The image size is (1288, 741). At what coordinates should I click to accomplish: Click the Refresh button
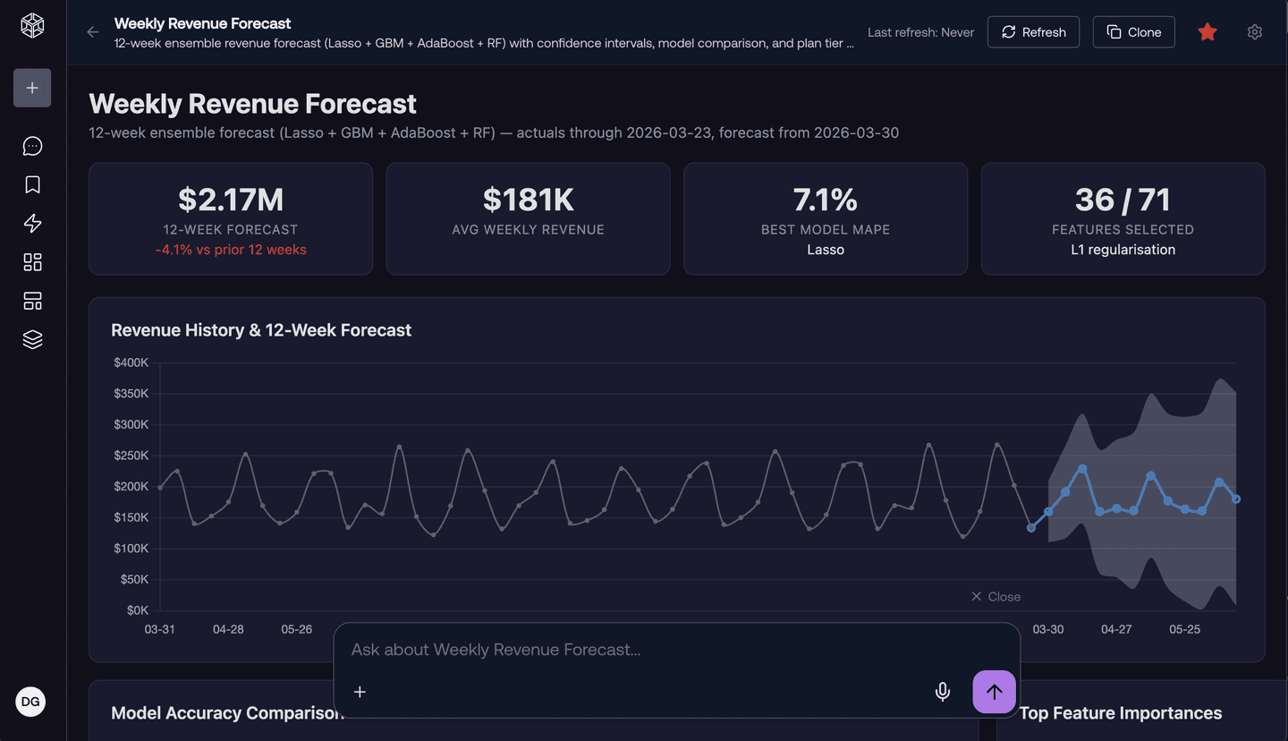[1033, 32]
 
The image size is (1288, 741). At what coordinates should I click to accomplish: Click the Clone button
[1133, 32]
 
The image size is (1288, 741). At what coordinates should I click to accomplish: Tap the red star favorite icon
[1207, 32]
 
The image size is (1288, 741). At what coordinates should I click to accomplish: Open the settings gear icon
[1255, 32]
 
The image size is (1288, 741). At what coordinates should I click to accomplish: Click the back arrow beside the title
[93, 32]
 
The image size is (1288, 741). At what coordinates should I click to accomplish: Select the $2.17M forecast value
[231, 199]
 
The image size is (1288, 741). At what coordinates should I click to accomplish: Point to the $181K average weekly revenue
[528, 199]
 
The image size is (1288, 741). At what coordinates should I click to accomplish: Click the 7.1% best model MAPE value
[825, 199]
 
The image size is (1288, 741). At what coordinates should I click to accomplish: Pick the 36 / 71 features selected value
[1123, 199]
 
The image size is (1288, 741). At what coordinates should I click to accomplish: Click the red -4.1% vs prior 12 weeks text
[231, 250]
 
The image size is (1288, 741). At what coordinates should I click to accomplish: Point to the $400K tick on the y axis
[131, 362]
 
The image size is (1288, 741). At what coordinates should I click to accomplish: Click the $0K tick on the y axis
[138, 610]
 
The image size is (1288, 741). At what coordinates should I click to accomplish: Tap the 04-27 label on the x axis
[1116, 629]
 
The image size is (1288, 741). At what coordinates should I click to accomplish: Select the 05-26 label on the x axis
[297, 629]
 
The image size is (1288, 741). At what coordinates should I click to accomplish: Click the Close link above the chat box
[996, 597]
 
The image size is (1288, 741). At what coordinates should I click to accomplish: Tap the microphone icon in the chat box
[942, 692]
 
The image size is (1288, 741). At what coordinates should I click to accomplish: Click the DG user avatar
[30, 702]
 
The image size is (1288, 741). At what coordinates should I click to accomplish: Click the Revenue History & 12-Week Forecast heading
[261, 330]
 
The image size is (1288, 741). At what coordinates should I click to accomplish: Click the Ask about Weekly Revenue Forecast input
[626, 650]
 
